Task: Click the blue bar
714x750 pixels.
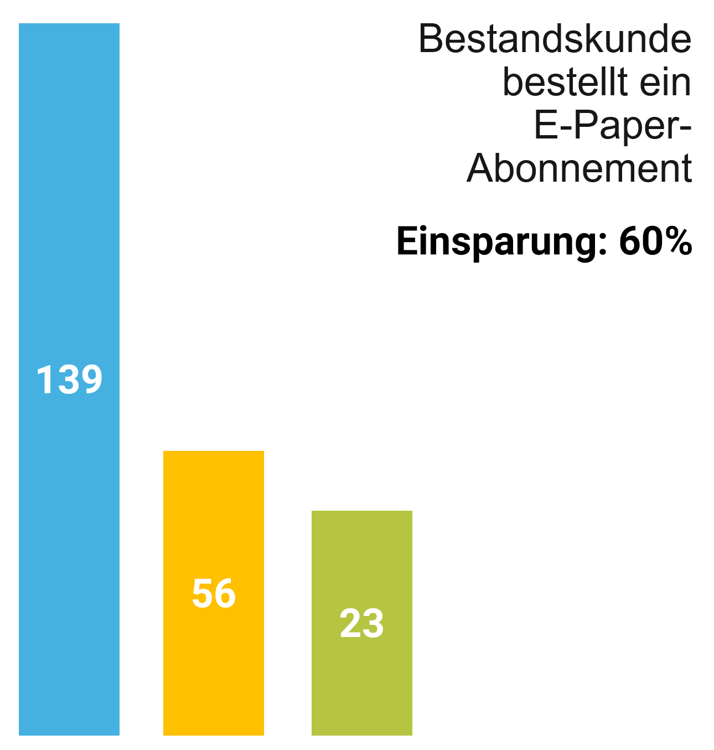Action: pyautogui.click(x=69, y=222)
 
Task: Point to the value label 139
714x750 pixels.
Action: pyautogui.click(x=69, y=380)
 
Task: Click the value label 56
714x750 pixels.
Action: pyautogui.click(x=214, y=593)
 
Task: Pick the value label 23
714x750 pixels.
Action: pyautogui.click(x=361, y=623)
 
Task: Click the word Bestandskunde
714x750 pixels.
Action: pyautogui.click(x=555, y=39)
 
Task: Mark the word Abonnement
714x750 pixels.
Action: pyautogui.click(x=580, y=168)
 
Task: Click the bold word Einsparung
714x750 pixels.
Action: pyautogui.click(x=496, y=242)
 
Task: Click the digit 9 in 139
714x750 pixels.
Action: pyautogui.click(x=91, y=380)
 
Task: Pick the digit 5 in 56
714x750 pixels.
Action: pyautogui.click(x=202, y=593)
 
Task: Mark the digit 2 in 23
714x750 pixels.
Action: pyautogui.click(x=350, y=623)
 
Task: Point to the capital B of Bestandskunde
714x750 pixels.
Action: pyautogui.click(x=431, y=39)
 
